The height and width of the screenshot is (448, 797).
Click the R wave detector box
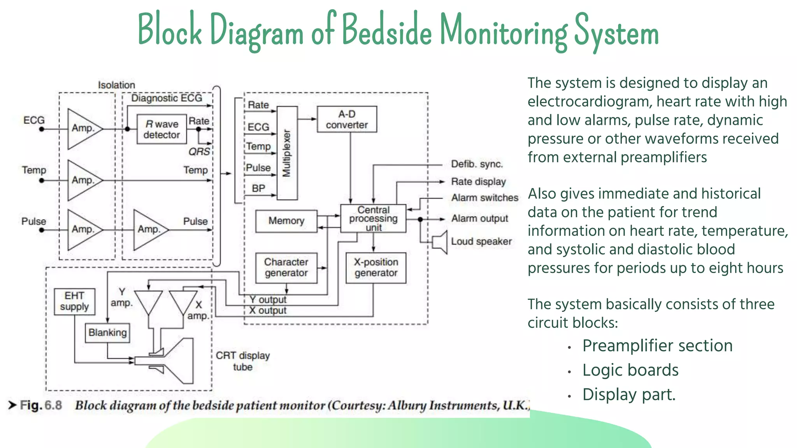[x=162, y=129]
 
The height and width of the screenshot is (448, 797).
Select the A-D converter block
[x=347, y=119]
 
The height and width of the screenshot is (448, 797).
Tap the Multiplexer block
[x=287, y=153]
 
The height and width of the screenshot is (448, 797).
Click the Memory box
[x=286, y=221]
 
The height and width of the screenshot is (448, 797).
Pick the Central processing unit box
[x=373, y=219]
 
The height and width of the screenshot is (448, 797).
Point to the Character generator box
[x=286, y=268]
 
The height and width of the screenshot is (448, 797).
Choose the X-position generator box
[x=376, y=268]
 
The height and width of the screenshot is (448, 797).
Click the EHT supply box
[x=74, y=301]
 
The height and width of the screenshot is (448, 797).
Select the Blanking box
[x=107, y=333]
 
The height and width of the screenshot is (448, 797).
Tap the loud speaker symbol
[x=441, y=242]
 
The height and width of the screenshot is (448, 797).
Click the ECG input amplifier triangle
[x=83, y=129]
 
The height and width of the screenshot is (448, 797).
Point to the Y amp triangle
[x=148, y=302]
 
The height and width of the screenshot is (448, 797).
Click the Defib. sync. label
[x=477, y=164]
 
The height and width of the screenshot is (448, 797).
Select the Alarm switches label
[x=485, y=198]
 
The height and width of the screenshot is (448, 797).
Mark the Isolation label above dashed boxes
[x=116, y=85]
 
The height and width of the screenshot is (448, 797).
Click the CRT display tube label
[x=242, y=361]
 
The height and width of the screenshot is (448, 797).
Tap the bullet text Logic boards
[x=630, y=370]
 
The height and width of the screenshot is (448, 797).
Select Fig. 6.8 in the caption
[x=40, y=405]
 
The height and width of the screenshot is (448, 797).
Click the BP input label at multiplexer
[x=258, y=189]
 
